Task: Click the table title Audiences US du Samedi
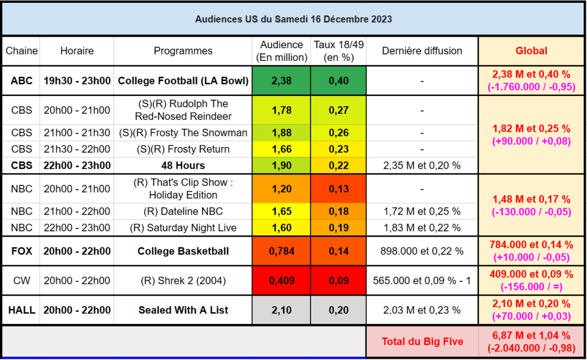(x=293, y=19)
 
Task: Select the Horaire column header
(x=77, y=51)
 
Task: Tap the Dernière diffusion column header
(x=422, y=51)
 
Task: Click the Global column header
(x=531, y=51)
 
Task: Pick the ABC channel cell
(x=22, y=81)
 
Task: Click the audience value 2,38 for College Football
(x=281, y=81)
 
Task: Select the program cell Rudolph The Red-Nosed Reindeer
(x=183, y=110)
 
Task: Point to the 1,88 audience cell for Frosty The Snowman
(x=281, y=133)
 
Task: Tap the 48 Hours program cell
(x=183, y=165)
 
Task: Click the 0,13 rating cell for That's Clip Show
(x=339, y=189)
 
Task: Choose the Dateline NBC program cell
(x=183, y=211)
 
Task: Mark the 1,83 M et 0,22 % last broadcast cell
(x=422, y=227)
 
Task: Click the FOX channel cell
(x=22, y=251)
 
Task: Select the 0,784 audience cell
(x=281, y=251)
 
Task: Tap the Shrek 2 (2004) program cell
(x=183, y=281)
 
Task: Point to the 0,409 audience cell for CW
(x=281, y=281)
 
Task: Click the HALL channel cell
(x=22, y=310)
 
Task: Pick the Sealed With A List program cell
(x=183, y=310)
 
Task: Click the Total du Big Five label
(x=422, y=342)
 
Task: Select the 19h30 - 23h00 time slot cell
(x=77, y=81)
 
